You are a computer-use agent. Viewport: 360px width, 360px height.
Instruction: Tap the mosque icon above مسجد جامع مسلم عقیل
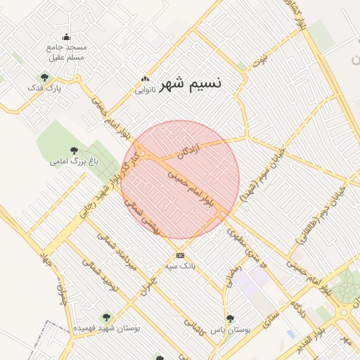67,37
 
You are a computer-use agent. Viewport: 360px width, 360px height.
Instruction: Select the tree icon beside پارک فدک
45,77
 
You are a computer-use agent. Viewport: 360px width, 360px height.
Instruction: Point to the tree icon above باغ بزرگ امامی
75,150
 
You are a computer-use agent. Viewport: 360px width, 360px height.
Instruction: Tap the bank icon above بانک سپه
180,255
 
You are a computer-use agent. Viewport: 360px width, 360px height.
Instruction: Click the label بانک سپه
180,267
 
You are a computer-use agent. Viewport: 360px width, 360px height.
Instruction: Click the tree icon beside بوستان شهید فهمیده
106,318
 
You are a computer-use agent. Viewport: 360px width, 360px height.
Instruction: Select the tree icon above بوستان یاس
230,319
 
